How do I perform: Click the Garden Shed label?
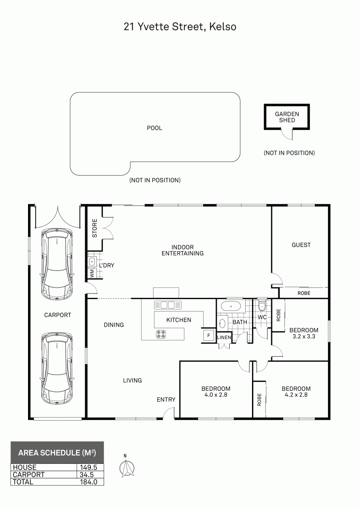tap(287, 117)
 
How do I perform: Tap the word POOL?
tap(154, 128)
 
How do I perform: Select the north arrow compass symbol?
tap(126, 468)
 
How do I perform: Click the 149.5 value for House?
tap(88, 467)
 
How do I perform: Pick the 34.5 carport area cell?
tap(87, 475)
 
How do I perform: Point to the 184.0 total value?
tap(89, 482)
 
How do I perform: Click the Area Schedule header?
tap(57, 453)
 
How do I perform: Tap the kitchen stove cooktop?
tap(161, 334)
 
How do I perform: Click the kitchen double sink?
tap(168, 305)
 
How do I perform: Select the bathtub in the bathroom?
tap(231, 306)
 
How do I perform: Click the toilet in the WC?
tap(262, 306)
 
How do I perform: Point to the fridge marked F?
tap(209, 335)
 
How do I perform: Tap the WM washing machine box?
tap(92, 273)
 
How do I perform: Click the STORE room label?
tap(94, 228)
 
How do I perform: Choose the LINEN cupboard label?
tap(224, 337)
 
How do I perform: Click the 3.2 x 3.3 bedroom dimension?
tap(304, 336)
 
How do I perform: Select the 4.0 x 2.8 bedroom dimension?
tap(216, 395)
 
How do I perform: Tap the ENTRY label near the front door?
tap(166, 399)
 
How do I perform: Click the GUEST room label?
tap(301, 245)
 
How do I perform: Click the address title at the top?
tap(180, 27)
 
